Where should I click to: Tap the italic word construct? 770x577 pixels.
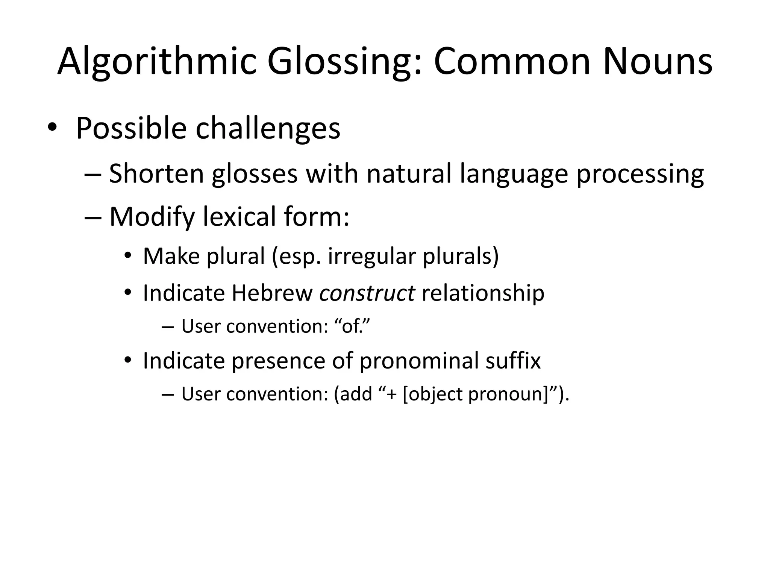(x=367, y=293)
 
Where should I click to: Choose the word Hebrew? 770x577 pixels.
(x=272, y=293)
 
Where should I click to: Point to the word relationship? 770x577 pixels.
(x=483, y=293)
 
